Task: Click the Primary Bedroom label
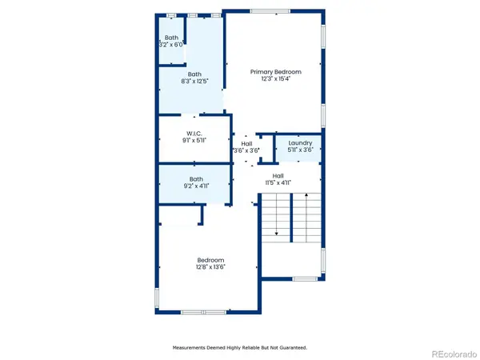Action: tap(275, 71)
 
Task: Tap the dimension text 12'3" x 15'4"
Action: tap(275, 78)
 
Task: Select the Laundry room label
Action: tap(300, 143)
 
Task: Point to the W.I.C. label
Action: tap(195, 134)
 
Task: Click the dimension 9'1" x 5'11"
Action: tap(195, 141)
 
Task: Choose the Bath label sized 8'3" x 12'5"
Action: tap(195, 74)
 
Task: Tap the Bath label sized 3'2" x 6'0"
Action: tap(172, 38)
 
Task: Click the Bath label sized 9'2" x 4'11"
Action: tap(196, 179)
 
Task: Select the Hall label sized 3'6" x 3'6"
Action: tap(246, 143)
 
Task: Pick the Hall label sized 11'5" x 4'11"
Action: tap(278, 176)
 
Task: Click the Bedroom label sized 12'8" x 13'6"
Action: tap(210, 260)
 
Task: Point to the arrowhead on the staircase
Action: tap(277, 233)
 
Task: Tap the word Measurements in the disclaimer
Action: tap(191, 348)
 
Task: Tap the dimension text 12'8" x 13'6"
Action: tap(210, 267)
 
